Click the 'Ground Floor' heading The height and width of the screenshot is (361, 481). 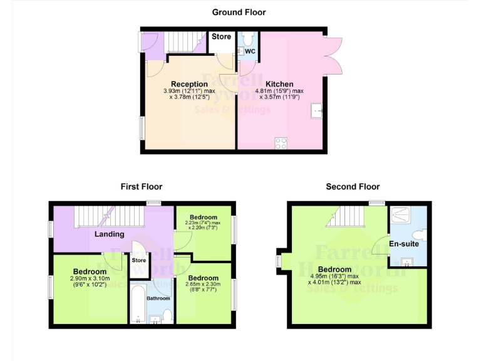239,12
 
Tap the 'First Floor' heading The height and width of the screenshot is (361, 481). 142,186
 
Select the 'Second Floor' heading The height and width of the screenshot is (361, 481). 353,186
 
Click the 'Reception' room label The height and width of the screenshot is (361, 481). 189,84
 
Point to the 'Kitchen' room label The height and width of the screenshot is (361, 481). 279,84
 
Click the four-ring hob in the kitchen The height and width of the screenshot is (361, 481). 281,143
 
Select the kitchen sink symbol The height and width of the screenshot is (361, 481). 317,112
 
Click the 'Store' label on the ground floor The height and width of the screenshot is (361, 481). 221,37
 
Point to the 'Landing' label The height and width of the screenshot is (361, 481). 109,234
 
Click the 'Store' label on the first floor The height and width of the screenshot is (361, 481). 139,260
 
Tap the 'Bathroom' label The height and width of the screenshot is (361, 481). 158,298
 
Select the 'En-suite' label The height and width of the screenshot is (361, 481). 404,244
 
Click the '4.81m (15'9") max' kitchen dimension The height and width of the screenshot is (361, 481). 279,92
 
